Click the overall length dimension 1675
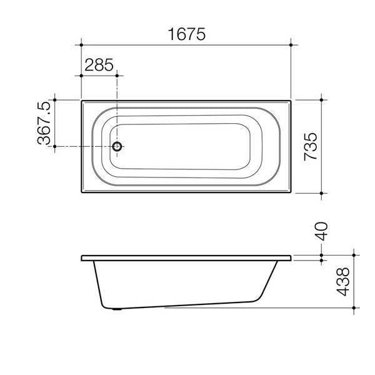pos(186,34)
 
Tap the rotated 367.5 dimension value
pos(44,124)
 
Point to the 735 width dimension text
pos(311,147)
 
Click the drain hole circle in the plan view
pos(117,147)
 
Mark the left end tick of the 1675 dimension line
pos(81,45)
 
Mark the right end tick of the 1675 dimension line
pos(291,45)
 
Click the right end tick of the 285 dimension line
pos(117,75)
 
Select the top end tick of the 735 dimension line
pos(321,99)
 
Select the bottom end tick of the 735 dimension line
pos(321,194)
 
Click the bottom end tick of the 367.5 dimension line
pos(56,147)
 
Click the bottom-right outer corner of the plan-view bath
pos(291,194)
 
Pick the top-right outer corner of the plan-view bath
pos(291,99)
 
